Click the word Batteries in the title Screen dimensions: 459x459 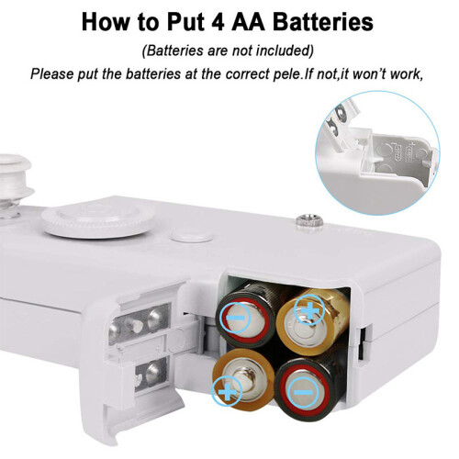pyautogui.click(x=323, y=22)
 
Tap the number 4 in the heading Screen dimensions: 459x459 pyautogui.click(x=218, y=22)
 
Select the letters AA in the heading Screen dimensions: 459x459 pyautogui.click(x=249, y=22)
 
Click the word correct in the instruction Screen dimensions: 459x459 pyautogui.click(x=247, y=74)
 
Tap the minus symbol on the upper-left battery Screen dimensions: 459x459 pyautogui.click(x=235, y=318)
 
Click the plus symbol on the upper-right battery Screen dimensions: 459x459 pyautogui.click(x=309, y=310)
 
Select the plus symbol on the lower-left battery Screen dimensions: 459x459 pyautogui.click(x=227, y=391)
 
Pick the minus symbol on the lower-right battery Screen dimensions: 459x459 pyautogui.click(x=303, y=392)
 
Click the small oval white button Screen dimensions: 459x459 pyautogui.click(x=192, y=236)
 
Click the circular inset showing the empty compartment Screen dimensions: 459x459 pyautogui.click(x=377, y=153)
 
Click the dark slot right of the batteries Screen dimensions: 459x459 pyautogui.click(x=363, y=342)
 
